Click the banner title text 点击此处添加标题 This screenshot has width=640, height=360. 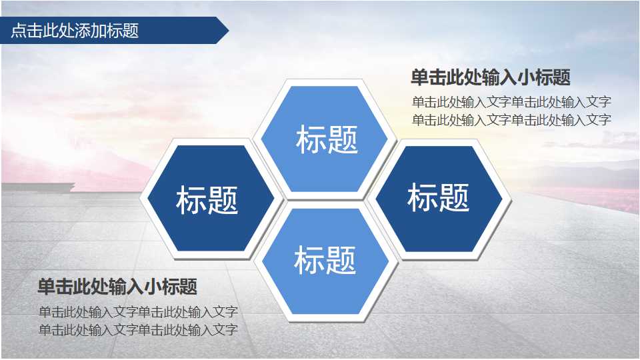[75, 31]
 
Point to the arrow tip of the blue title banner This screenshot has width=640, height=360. [228, 31]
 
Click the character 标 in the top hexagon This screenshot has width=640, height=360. [311, 139]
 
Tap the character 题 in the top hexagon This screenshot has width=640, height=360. [343, 139]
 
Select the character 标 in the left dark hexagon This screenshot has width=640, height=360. [191, 199]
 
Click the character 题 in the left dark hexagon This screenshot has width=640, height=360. [223, 199]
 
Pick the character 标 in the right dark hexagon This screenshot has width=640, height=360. [422, 197]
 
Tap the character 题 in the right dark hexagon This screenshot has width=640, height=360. [455, 197]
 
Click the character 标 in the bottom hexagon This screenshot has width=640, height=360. [309, 260]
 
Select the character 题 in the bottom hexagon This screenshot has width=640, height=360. [341, 260]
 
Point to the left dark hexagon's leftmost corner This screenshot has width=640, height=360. [149, 199]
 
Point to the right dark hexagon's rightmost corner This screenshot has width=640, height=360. [502, 198]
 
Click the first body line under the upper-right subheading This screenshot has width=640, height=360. [511, 103]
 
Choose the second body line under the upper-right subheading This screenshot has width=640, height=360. [511, 120]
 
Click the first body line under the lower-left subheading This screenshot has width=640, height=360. [138, 312]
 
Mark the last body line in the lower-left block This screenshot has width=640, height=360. [138, 329]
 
